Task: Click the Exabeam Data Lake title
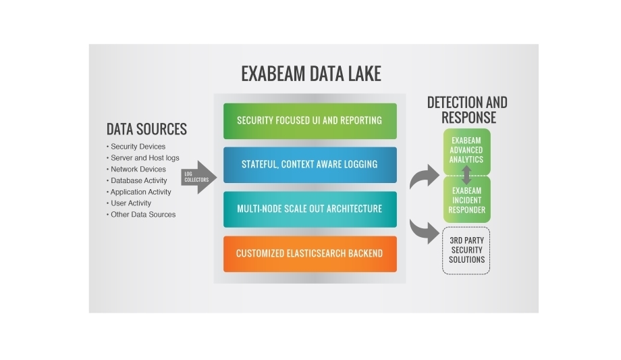[310, 74]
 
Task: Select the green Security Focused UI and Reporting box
[310, 121]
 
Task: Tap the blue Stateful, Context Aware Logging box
[310, 165]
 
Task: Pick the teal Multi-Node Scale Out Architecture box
[310, 209]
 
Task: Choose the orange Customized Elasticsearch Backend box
[310, 254]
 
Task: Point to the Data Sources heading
[146, 129]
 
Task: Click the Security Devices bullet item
[138, 147]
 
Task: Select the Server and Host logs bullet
[144, 158]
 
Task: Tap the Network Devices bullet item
[138, 170]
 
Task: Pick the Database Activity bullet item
[139, 181]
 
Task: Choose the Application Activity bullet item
[140, 192]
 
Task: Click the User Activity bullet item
[130, 203]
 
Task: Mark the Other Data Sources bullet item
[142, 215]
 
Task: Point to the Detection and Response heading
[467, 109]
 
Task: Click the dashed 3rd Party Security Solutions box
[466, 251]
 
